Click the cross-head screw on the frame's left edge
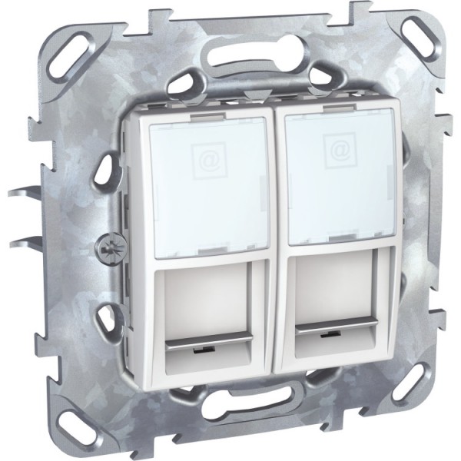pyautogui.click(x=105, y=250)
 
